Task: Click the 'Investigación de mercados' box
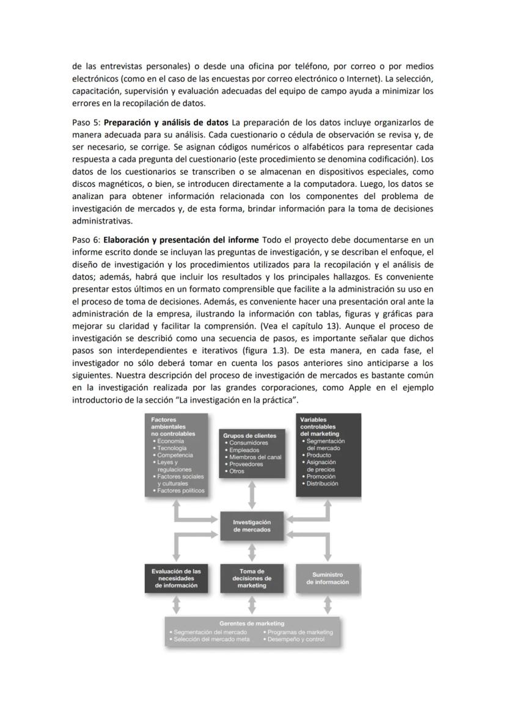[252, 526]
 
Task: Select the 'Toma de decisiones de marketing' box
[252, 578]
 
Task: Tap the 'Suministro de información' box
[328, 578]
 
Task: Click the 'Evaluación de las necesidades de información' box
[176, 578]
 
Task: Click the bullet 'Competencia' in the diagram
[175, 455]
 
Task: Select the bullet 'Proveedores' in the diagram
[246, 464]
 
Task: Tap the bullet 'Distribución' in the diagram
[322, 484]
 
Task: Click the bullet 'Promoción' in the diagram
[321, 476]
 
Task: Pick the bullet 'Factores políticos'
[180, 490]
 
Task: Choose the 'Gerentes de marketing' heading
[252, 623]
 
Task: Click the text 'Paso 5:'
[86, 122]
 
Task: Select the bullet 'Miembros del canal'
[255, 457]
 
